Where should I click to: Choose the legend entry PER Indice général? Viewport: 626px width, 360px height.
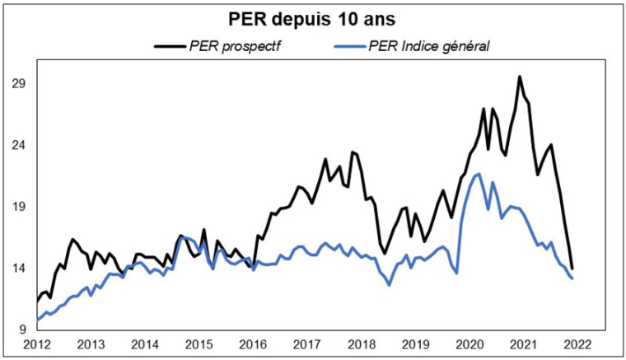(x=428, y=46)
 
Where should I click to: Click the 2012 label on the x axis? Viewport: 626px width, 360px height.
(x=38, y=344)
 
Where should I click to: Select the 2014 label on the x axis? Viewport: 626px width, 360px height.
(x=144, y=344)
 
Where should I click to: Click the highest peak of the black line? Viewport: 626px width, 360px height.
(x=520, y=77)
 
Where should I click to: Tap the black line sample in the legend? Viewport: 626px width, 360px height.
(x=169, y=46)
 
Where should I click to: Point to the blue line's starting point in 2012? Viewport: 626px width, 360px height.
(x=38, y=320)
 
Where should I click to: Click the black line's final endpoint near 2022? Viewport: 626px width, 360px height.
(x=572, y=269)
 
